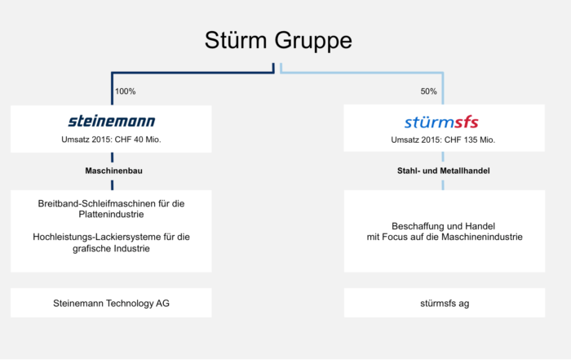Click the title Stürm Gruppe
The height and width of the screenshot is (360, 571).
tap(278, 41)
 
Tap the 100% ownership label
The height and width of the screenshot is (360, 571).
tap(126, 91)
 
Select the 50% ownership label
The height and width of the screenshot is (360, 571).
tap(428, 91)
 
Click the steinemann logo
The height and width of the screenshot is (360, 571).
tap(112, 121)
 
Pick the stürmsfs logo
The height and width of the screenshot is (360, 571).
tap(441, 122)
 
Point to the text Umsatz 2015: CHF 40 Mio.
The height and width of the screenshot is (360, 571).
tap(111, 140)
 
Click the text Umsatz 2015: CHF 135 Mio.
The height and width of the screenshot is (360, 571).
tap(443, 140)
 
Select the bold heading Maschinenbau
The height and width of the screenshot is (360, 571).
tap(113, 171)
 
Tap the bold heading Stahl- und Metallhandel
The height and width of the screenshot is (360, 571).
tap(443, 171)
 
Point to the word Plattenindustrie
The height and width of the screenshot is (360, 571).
tap(111, 214)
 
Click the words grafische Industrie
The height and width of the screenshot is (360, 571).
tap(111, 248)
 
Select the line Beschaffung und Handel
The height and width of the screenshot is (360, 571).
tap(443, 226)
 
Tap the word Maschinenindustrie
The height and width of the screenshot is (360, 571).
tap(482, 238)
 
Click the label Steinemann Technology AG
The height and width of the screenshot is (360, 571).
tap(111, 304)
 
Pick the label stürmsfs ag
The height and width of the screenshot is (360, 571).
tap(445, 304)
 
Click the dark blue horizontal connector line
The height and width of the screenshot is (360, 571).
tap(193, 73)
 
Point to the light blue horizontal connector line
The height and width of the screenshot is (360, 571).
tap(361, 73)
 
